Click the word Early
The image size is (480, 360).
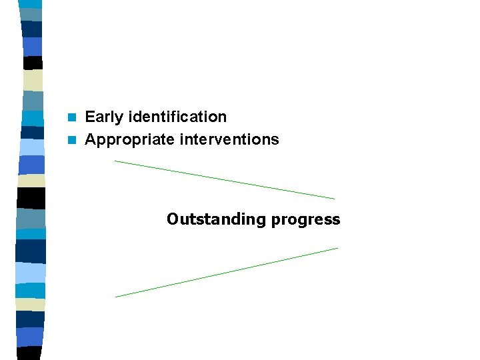[x=103, y=117]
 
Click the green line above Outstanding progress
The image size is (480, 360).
[x=225, y=180]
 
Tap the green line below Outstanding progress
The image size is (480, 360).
[x=227, y=272]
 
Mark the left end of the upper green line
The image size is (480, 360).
[x=115, y=161]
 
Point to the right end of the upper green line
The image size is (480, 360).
[x=334, y=199]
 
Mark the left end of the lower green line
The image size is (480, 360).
[x=116, y=297]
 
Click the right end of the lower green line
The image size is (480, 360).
[x=337, y=248]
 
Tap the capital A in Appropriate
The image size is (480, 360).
[x=91, y=140]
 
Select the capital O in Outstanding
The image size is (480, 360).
[x=173, y=219]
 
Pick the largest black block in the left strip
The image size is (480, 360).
[x=31, y=198]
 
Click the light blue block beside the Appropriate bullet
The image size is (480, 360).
[x=31, y=147]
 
